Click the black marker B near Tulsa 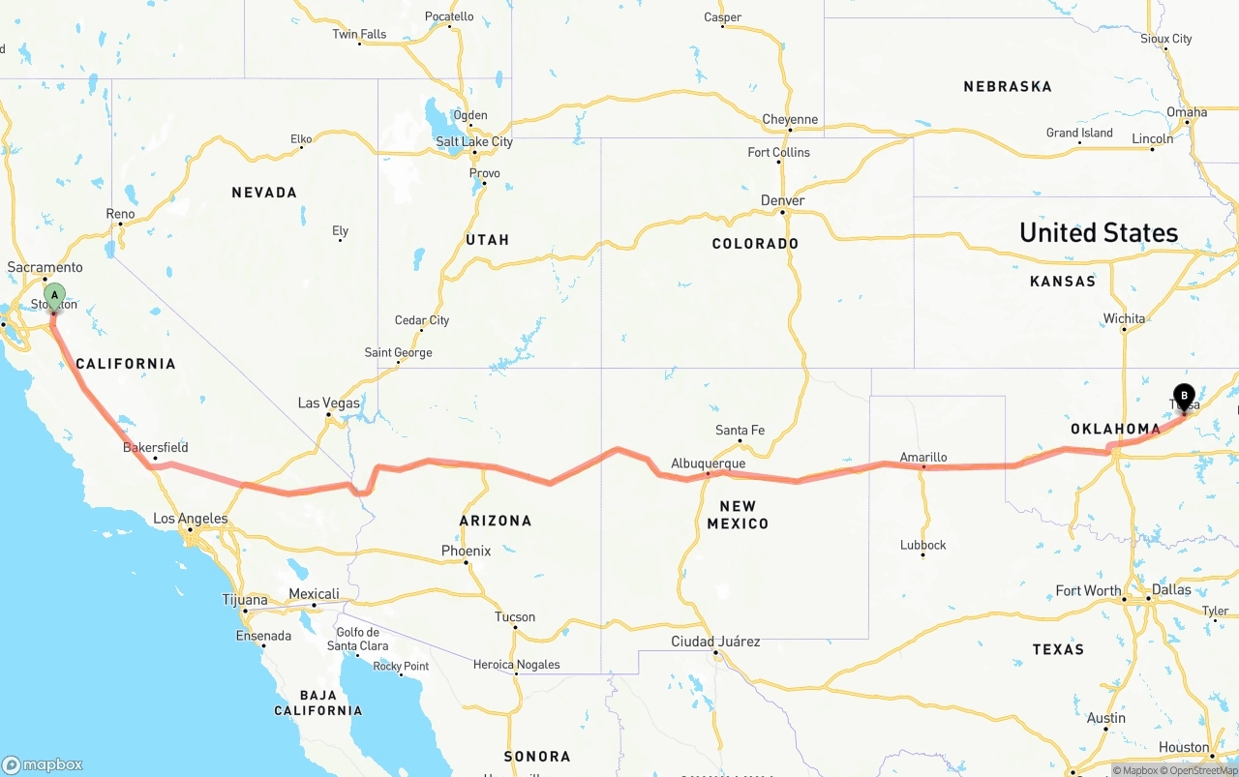(x=1184, y=396)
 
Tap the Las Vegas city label (x=328, y=403)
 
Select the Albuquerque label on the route (x=708, y=463)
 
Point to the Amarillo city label (x=922, y=457)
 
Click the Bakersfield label (x=155, y=447)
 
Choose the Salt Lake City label (x=473, y=141)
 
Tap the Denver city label (x=782, y=200)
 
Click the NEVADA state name (x=263, y=193)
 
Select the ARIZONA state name (x=495, y=521)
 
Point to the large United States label (x=1098, y=232)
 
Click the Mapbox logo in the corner (x=43, y=763)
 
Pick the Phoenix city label (x=466, y=551)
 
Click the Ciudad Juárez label (x=715, y=642)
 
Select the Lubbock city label (x=922, y=545)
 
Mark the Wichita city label (x=1123, y=318)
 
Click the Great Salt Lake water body (x=441, y=118)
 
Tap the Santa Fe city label (x=740, y=430)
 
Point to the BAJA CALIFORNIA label (x=317, y=702)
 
